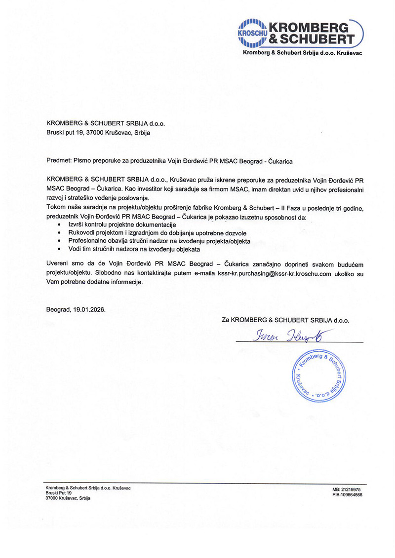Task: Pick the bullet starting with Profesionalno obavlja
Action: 156,241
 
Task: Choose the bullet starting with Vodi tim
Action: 123,250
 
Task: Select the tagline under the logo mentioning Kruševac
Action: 303,52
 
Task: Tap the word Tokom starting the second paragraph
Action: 55,208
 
